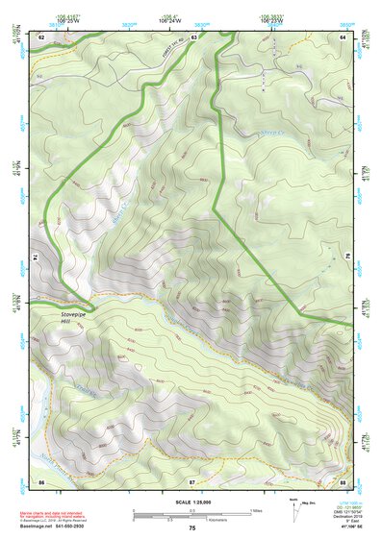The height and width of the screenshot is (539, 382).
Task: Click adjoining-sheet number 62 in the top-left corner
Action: click(x=42, y=36)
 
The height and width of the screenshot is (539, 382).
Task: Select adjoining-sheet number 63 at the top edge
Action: click(x=193, y=36)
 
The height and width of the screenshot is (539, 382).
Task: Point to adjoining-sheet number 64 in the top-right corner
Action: click(x=343, y=36)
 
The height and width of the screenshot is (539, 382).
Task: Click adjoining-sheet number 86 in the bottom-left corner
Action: click(x=42, y=479)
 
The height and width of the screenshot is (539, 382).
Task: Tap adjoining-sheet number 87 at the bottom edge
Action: click(x=192, y=479)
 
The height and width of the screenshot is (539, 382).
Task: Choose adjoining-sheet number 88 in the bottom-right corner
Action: click(x=343, y=479)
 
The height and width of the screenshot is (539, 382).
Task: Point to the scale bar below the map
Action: click(x=191, y=512)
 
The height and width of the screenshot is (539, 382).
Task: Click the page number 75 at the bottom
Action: click(x=192, y=528)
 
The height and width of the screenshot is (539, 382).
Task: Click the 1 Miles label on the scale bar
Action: click(x=255, y=508)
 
